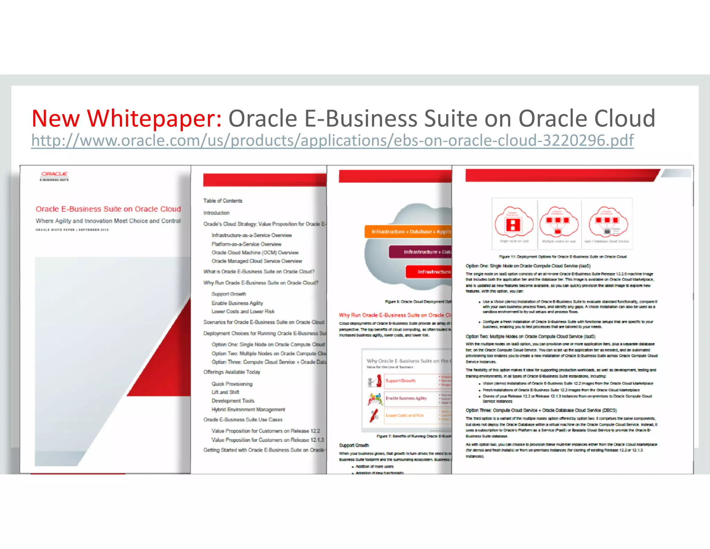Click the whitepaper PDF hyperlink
coord(332,141)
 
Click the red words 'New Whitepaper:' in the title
coord(127,119)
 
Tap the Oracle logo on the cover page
coord(54,174)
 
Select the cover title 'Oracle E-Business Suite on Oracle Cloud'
coord(108,209)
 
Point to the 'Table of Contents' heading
coord(223,201)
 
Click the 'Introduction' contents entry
coord(216,213)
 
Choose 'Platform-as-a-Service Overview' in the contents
coord(246,244)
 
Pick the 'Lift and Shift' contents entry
coord(225,392)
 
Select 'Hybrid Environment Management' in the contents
coord(248,409)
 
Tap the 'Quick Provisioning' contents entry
coord(232,384)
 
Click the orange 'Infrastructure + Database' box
coord(408,231)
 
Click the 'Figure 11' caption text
coord(562,257)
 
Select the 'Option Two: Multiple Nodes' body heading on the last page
coord(530,337)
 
